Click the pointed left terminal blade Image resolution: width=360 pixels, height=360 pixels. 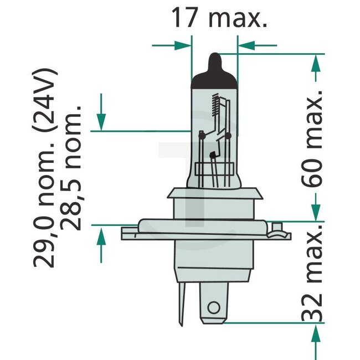(x=182, y=302)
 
